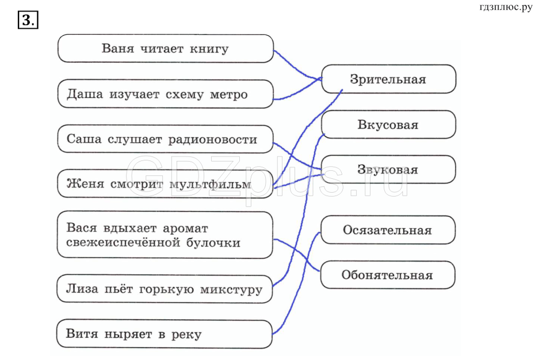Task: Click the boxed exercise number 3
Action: (x=28, y=21)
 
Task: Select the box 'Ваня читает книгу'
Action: (x=165, y=48)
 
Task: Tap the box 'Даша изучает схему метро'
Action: (x=165, y=94)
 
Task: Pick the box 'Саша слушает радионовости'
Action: (x=165, y=139)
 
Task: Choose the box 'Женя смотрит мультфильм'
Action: (x=165, y=185)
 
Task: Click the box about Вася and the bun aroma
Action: (x=165, y=235)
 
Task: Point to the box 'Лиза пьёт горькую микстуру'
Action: (x=165, y=289)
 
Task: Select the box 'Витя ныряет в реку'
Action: (x=165, y=334)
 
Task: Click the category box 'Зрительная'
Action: (x=388, y=79)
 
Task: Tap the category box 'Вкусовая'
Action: (x=388, y=125)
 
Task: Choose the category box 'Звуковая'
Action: (x=388, y=170)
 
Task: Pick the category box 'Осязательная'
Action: (x=388, y=230)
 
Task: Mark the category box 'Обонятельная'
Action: (x=388, y=275)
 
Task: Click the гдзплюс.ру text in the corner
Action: (x=505, y=7)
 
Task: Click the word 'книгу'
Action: (x=209, y=49)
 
